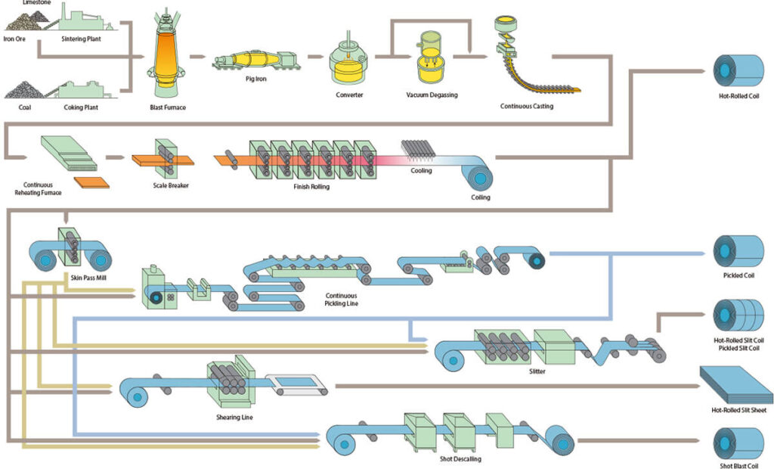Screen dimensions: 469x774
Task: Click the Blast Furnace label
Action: click(x=168, y=107)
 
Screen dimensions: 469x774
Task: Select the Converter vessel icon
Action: click(x=349, y=65)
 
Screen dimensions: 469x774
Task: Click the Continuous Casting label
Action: click(x=527, y=107)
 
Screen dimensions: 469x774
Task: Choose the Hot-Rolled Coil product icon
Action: click(x=738, y=73)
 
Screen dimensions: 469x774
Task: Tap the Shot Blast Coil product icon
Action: click(x=738, y=441)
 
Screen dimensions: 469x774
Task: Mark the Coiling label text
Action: click(x=481, y=197)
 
